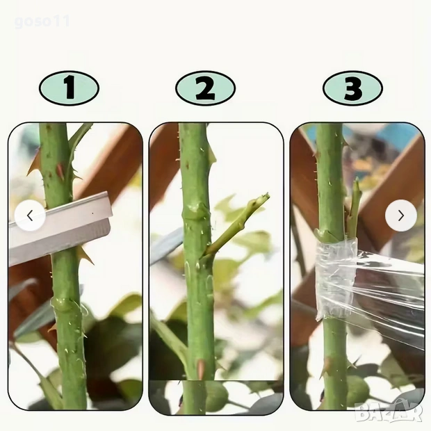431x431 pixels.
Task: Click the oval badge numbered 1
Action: [69, 88]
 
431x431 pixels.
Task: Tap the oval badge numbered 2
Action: [205, 88]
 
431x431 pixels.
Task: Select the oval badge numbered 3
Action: [352, 88]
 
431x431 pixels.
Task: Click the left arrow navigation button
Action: [30, 215]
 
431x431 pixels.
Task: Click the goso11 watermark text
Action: [42, 22]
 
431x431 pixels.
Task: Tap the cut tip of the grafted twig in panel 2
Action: [266, 196]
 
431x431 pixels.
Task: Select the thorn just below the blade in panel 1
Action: [86, 256]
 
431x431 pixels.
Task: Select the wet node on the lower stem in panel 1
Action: [66, 304]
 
